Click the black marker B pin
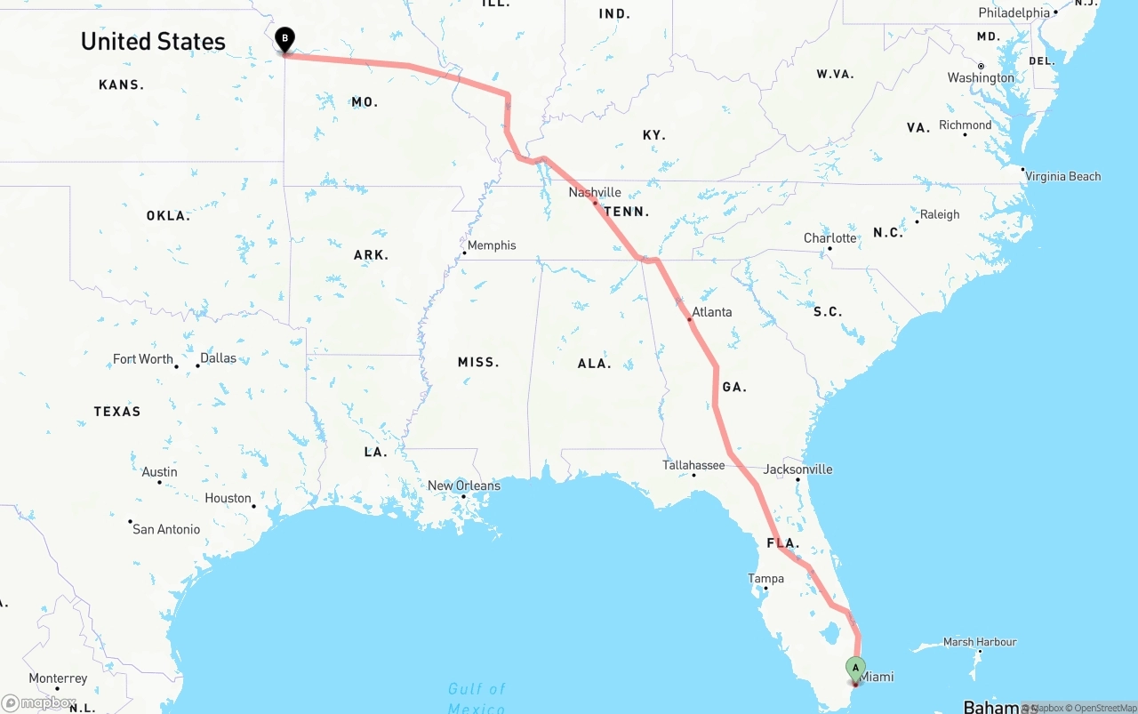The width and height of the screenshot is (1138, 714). pos(284,39)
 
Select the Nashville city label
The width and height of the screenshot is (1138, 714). pos(595,192)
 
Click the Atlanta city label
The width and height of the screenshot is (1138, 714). pos(711,312)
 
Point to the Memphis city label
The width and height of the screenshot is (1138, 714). pos(491,245)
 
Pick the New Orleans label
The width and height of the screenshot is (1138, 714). pos(463,485)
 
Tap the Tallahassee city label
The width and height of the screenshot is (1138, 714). pos(693,465)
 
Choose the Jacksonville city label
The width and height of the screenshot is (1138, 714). pos(797,469)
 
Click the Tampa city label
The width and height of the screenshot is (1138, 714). pos(765,579)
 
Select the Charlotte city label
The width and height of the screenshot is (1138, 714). pos(829,238)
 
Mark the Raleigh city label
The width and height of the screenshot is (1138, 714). pos(939,214)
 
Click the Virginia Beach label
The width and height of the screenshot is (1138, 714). pos(1062,176)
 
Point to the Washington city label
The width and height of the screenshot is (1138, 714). pos(980,78)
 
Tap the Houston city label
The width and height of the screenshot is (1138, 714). pos(228,498)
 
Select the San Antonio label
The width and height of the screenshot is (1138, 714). pos(166,529)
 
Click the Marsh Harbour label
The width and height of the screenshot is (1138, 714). pos(979,642)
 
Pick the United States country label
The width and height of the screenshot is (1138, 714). pos(153,42)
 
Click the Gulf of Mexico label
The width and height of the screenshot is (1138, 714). pos(477,698)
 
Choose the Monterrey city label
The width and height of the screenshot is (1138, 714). pos(58,678)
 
